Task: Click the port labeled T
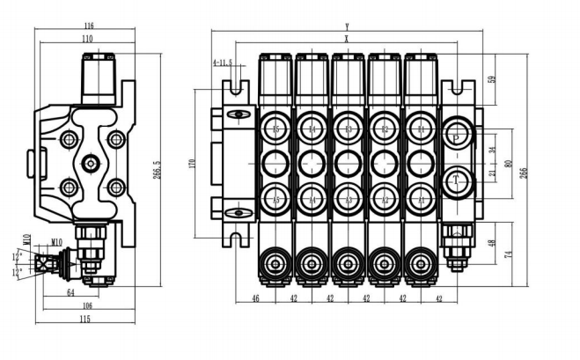pyautogui.click(x=457, y=181)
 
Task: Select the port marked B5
pyautogui.click(x=275, y=129)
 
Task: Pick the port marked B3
pyautogui.click(x=349, y=129)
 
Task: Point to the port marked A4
pyautogui.click(x=312, y=198)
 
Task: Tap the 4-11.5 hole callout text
pyautogui.click(x=224, y=62)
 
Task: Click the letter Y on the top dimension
pyautogui.click(x=347, y=26)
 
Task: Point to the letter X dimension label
pyautogui.click(x=347, y=39)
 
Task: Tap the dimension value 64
pyautogui.click(x=70, y=293)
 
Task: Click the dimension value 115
pyautogui.click(x=85, y=319)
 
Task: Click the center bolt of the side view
pyautogui.click(x=92, y=164)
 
